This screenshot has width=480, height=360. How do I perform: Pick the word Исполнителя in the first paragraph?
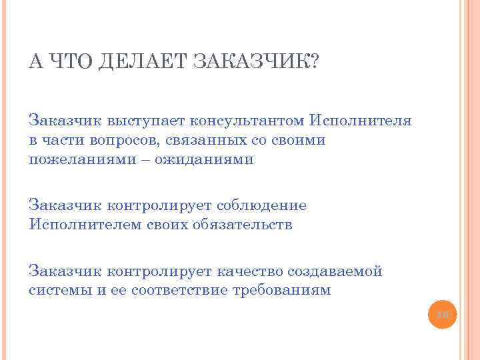click(360, 121)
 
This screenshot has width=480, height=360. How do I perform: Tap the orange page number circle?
click(443, 313)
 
